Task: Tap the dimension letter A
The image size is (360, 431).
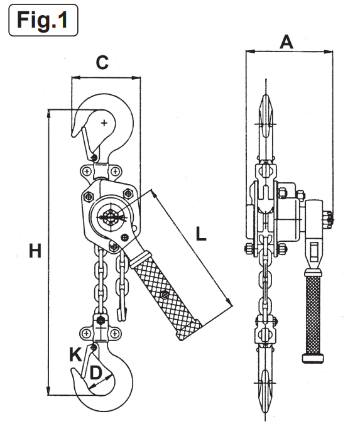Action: [x=286, y=42]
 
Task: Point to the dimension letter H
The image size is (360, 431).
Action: [x=35, y=251]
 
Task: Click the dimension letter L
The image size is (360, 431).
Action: [x=200, y=234]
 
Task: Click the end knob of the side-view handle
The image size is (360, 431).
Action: [x=312, y=359]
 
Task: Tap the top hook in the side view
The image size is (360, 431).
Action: [x=266, y=126]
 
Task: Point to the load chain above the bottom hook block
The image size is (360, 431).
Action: [x=99, y=283]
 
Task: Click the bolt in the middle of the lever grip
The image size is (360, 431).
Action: [x=164, y=295]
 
